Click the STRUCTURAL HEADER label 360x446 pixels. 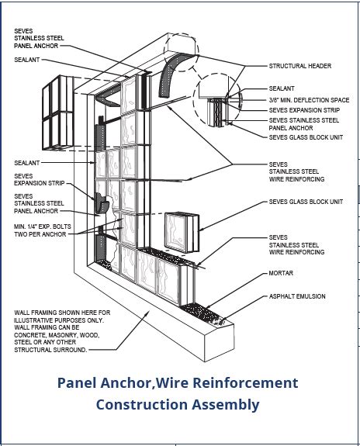point(299,66)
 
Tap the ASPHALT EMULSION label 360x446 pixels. point(297,296)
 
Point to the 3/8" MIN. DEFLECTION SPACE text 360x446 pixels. point(310,100)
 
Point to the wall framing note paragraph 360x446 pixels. point(61,331)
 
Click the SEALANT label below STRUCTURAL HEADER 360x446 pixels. point(282,89)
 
